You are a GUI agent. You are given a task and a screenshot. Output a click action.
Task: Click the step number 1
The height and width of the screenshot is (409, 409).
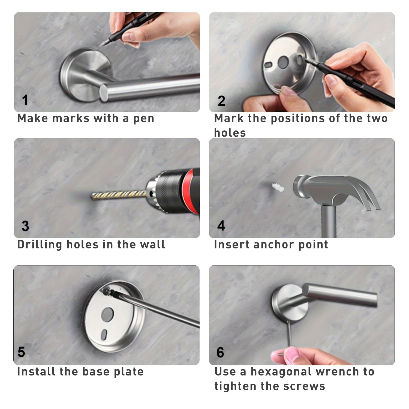coord(25,100)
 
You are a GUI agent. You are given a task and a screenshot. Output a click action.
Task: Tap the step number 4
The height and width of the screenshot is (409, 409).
coord(221,226)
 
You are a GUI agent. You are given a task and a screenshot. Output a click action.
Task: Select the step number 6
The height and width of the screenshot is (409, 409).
coord(220,352)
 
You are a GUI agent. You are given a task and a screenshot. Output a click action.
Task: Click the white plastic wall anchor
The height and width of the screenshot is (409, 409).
coord(278,187)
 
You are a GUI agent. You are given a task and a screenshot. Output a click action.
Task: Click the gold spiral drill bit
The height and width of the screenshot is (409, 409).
coord(119,195)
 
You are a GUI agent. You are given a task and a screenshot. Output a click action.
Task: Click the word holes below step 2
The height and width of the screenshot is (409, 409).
coord(230,133)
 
